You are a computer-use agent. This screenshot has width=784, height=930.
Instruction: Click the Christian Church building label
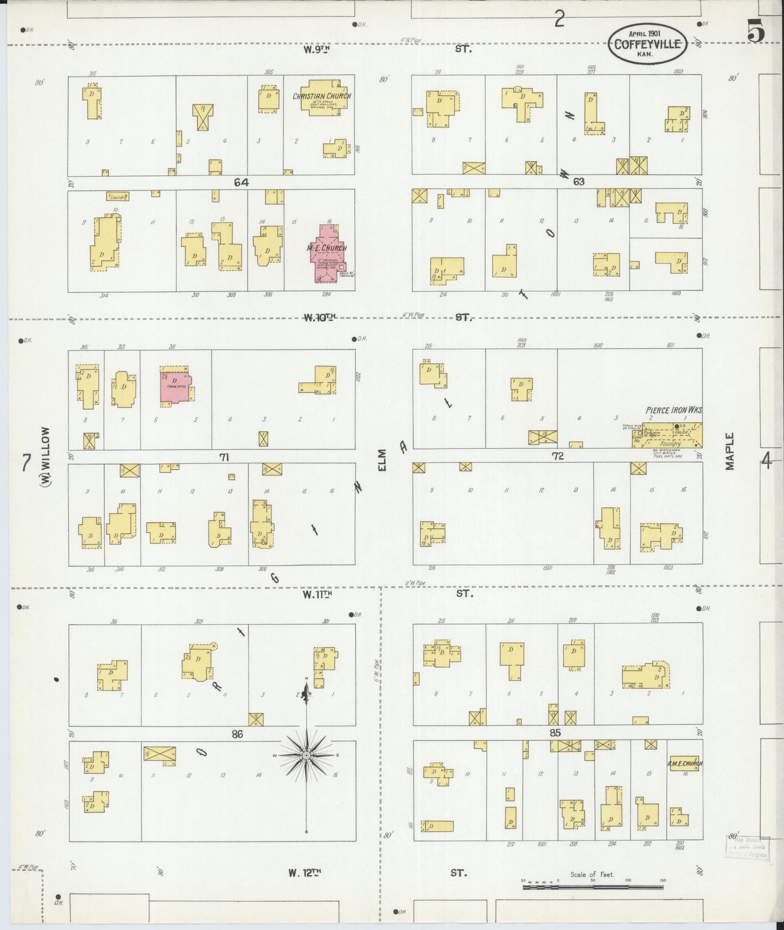pos(322,96)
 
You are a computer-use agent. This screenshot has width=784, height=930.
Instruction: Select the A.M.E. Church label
pos(686,763)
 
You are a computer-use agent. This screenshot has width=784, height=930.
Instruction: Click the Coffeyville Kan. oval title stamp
pos(647,42)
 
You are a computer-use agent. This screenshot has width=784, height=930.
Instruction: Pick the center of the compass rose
pos(307,755)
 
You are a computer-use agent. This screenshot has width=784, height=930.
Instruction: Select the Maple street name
pos(730,451)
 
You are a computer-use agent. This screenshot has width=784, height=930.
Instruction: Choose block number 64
pos(241,183)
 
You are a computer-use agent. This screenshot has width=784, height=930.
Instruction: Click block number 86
pos(237,734)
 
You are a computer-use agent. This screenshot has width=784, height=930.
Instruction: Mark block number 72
pos(558,456)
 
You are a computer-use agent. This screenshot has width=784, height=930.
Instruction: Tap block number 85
pos(554,733)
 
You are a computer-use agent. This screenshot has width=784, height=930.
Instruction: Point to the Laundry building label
pos(117,196)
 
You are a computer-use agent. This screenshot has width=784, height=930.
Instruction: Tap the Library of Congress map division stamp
pos(748,862)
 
